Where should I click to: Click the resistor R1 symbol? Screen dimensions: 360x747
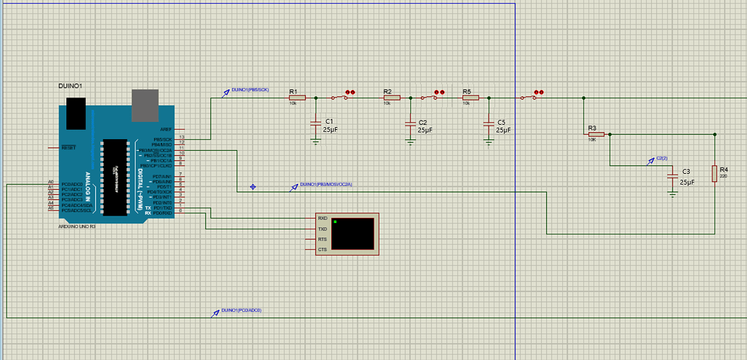coord(297,97)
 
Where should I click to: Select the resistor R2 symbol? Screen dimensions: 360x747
coord(390,97)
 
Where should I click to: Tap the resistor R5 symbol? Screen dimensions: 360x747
coord(470,97)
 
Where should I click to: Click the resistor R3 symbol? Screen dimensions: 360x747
coord(595,134)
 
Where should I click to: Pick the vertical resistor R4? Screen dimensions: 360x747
coord(715,174)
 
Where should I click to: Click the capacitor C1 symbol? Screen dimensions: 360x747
coord(315,124)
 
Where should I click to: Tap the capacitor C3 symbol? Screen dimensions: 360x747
coord(673,175)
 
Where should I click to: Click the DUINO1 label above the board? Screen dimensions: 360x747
coord(70,86)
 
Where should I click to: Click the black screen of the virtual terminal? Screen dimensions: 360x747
coord(353,232)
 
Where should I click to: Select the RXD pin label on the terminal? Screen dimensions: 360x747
coord(323,218)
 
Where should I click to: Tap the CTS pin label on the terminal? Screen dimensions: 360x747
coord(323,250)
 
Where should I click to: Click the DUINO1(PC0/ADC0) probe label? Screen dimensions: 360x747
coord(241,310)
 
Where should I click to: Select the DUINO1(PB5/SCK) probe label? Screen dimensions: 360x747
coord(250,90)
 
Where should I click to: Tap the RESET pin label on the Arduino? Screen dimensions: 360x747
coord(69,147)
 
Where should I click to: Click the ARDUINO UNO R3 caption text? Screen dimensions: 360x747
coord(77,226)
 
